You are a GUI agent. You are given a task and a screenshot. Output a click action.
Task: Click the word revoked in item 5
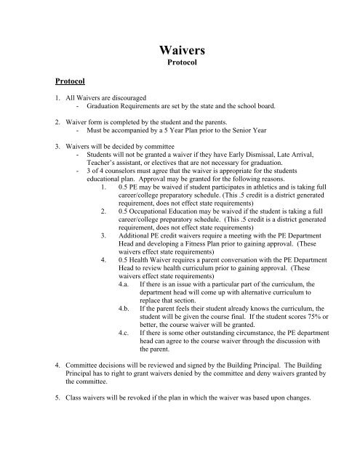click(129, 457)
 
